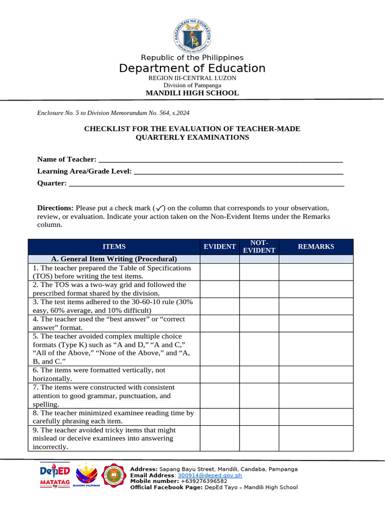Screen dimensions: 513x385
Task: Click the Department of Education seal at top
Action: click(192, 33)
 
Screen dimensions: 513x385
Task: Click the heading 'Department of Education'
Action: click(192, 68)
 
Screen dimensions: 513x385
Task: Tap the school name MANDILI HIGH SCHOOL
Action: click(192, 93)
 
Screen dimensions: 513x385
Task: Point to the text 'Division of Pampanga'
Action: click(192, 85)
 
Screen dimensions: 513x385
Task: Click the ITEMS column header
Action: click(114, 246)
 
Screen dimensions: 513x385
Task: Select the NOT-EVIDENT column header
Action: click(259, 246)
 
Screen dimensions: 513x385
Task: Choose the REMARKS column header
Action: click(316, 246)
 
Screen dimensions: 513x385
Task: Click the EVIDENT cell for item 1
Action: click(220, 272)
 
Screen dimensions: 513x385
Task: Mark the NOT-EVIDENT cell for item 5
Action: click(259, 349)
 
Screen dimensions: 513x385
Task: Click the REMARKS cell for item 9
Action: click(316, 438)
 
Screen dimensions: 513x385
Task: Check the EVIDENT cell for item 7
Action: click(220, 396)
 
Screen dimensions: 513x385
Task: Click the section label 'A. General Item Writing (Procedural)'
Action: click(114, 259)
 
